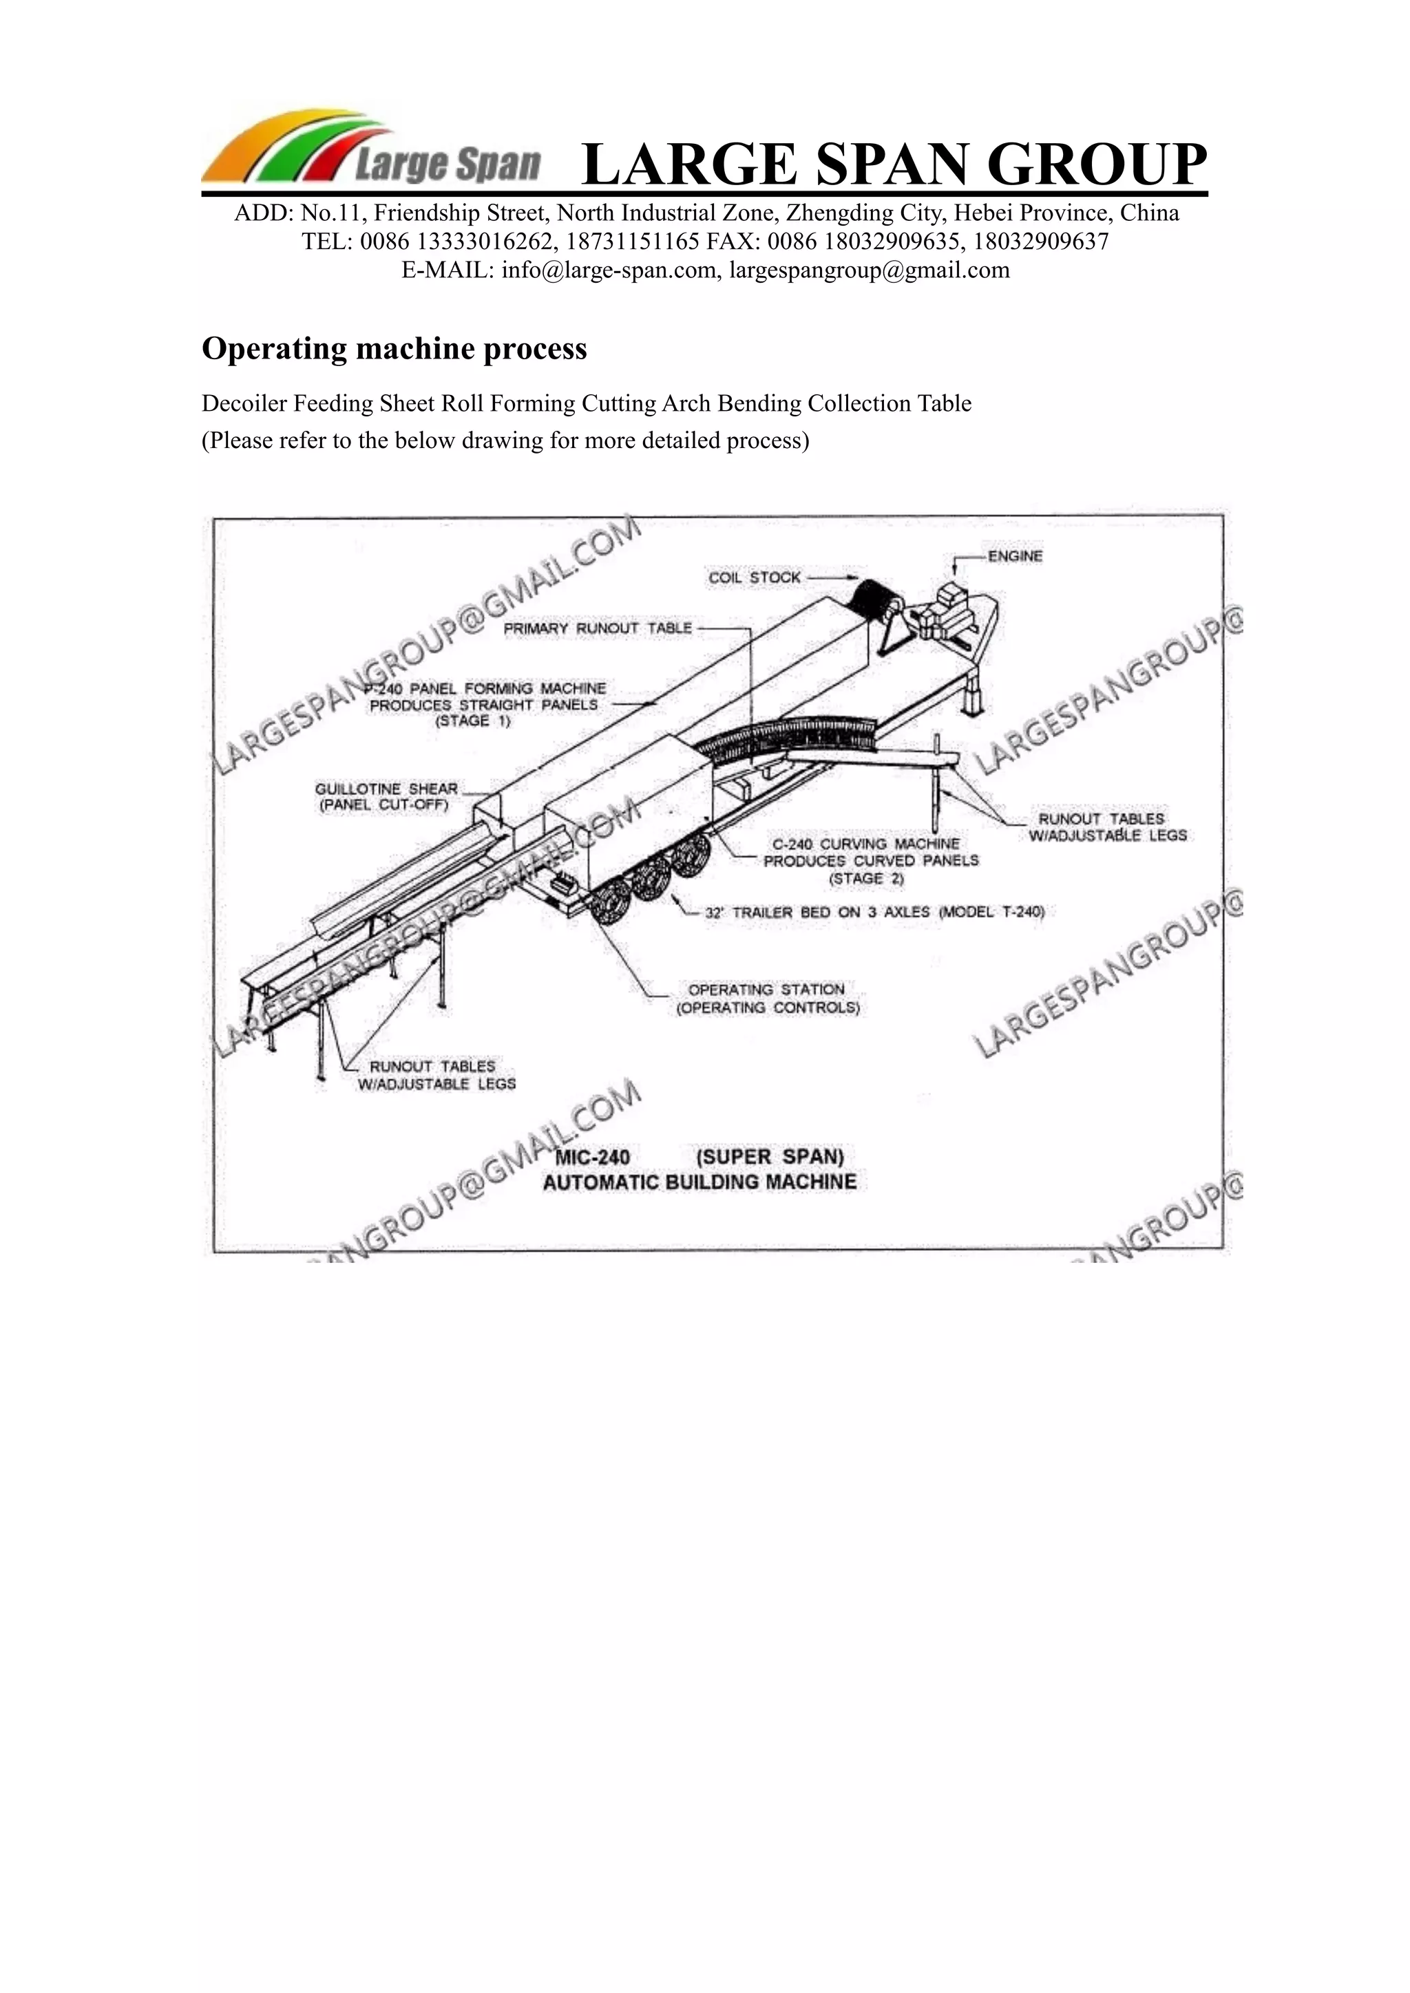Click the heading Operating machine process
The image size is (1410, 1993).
coord(394,349)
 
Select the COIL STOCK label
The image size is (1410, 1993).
coord(754,577)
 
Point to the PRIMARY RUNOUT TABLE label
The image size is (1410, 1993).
coord(598,628)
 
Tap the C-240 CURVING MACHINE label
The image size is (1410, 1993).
coord(865,844)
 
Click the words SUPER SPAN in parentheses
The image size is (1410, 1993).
coord(769,1157)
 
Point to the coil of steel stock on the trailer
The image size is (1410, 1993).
coord(875,597)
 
